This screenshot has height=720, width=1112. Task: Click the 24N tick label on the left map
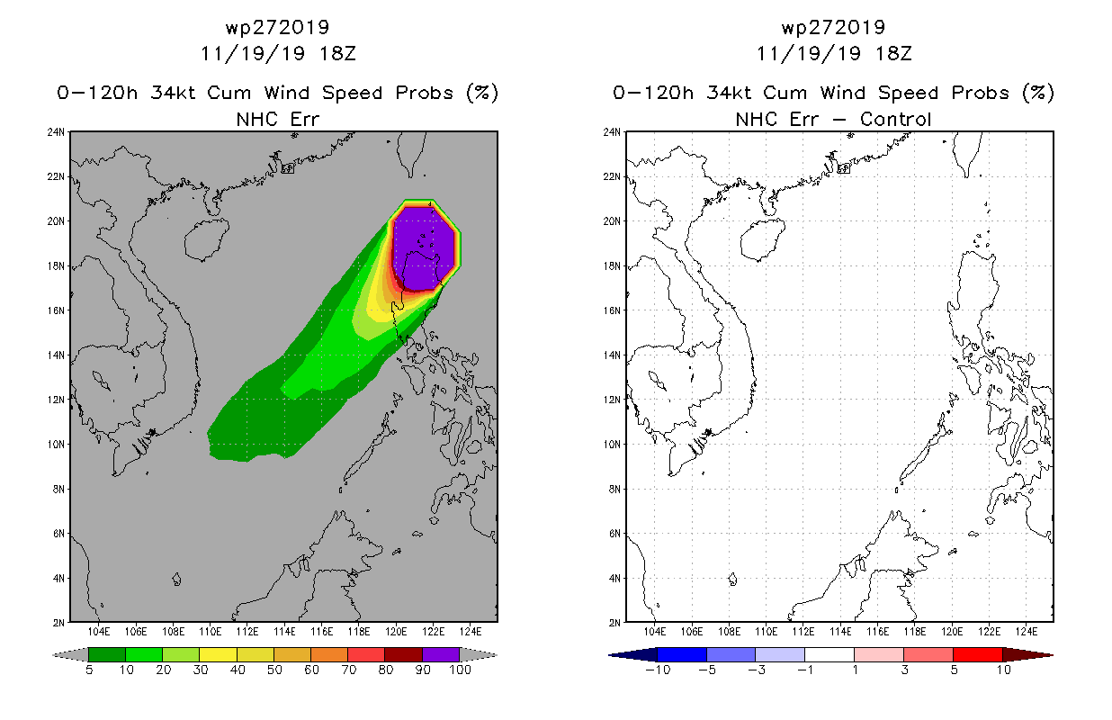tap(56, 132)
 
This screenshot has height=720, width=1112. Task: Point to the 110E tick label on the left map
tap(210, 632)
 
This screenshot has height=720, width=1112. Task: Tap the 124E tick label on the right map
tap(1027, 632)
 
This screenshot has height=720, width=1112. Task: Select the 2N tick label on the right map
tap(614, 623)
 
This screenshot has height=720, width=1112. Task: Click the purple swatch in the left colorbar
tap(441, 654)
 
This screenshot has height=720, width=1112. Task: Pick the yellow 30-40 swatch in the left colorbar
tap(218, 654)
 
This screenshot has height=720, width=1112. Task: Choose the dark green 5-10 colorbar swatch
tap(107, 654)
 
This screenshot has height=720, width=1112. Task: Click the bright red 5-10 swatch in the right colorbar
tap(978, 654)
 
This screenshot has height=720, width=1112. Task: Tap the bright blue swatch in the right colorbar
tap(682, 654)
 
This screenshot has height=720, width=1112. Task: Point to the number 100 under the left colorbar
tap(460, 670)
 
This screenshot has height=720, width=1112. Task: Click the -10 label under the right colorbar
tap(658, 670)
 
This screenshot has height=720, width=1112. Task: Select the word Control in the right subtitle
tap(895, 119)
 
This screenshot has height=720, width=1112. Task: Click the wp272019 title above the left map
tap(277, 27)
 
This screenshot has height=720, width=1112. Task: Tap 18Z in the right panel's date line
tap(893, 53)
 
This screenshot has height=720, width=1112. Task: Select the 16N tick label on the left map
tap(56, 310)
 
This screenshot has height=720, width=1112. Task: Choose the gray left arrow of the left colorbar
tap(70, 655)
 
